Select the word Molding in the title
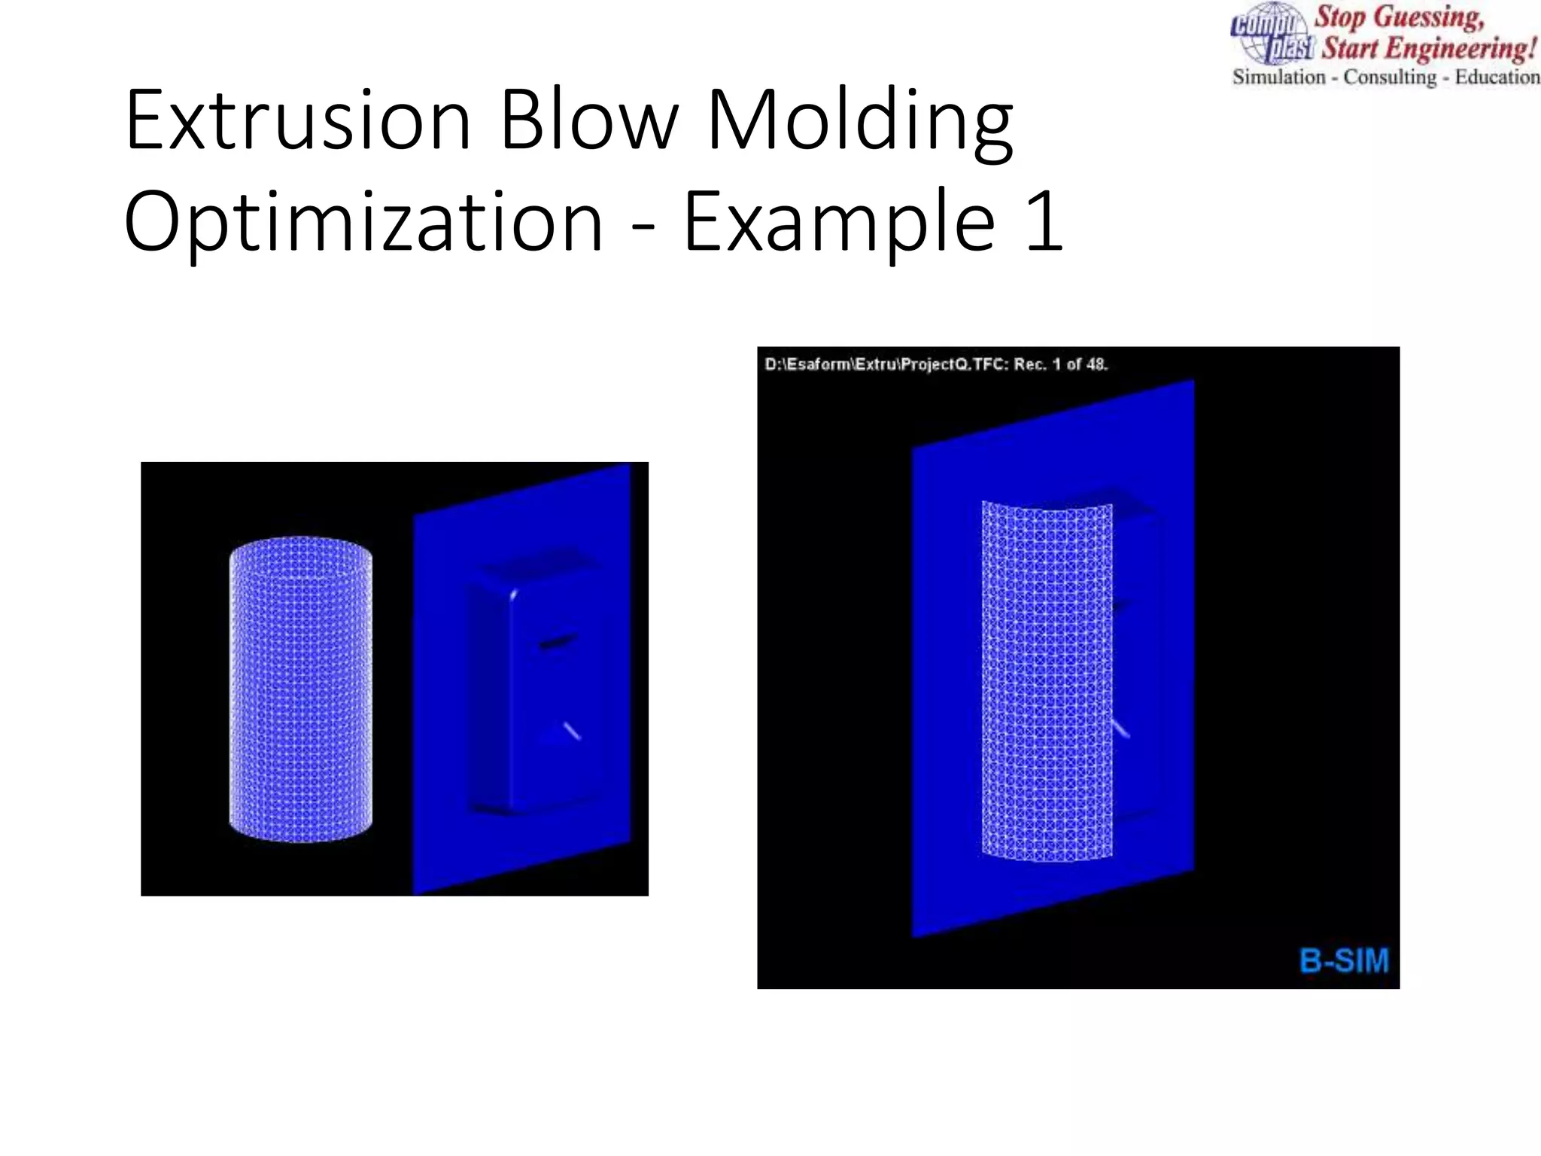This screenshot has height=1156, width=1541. click(x=859, y=120)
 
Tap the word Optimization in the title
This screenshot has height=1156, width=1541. click(x=363, y=223)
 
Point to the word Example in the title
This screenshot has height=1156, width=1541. click(x=839, y=223)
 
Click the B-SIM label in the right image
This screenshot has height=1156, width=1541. click(x=1344, y=961)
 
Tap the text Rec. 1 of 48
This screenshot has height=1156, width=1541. click(x=1061, y=364)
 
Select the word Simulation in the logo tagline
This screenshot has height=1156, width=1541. click(x=1278, y=77)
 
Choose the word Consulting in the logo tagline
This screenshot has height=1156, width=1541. click(x=1390, y=77)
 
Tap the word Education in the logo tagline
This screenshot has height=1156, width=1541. click(x=1497, y=77)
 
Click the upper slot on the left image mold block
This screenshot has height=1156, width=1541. click(x=557, y=641)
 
